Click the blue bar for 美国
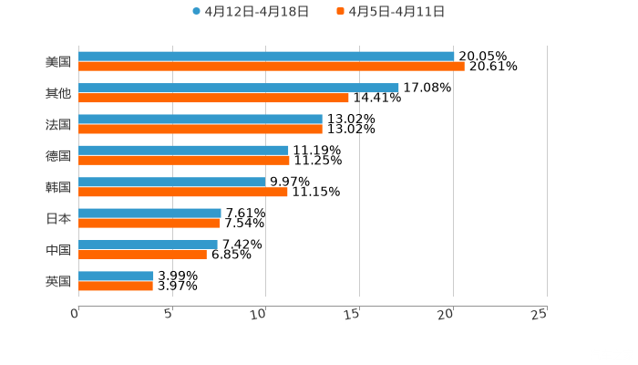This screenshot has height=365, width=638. point(266,57)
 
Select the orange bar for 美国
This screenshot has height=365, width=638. point(272,67)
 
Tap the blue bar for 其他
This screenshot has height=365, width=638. point(238,88)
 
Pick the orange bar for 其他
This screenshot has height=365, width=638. point(213,98)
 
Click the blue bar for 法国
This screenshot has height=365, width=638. point(201,119)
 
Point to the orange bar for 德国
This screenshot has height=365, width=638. point(184,161)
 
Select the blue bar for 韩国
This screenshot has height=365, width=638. point(172,182)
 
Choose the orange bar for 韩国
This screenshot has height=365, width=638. point(183,192)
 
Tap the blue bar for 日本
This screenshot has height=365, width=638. point(149,213)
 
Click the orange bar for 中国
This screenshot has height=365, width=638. point(142,255)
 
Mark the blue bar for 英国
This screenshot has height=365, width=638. point(116,276)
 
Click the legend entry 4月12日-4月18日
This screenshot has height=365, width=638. point(251,12)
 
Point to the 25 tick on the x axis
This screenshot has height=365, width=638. point(539,314)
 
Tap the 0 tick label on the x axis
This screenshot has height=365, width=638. point(75,314)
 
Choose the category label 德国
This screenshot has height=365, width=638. point(57,155)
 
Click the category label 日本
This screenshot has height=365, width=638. point(57,218)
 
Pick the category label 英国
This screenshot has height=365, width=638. point(57,281)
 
